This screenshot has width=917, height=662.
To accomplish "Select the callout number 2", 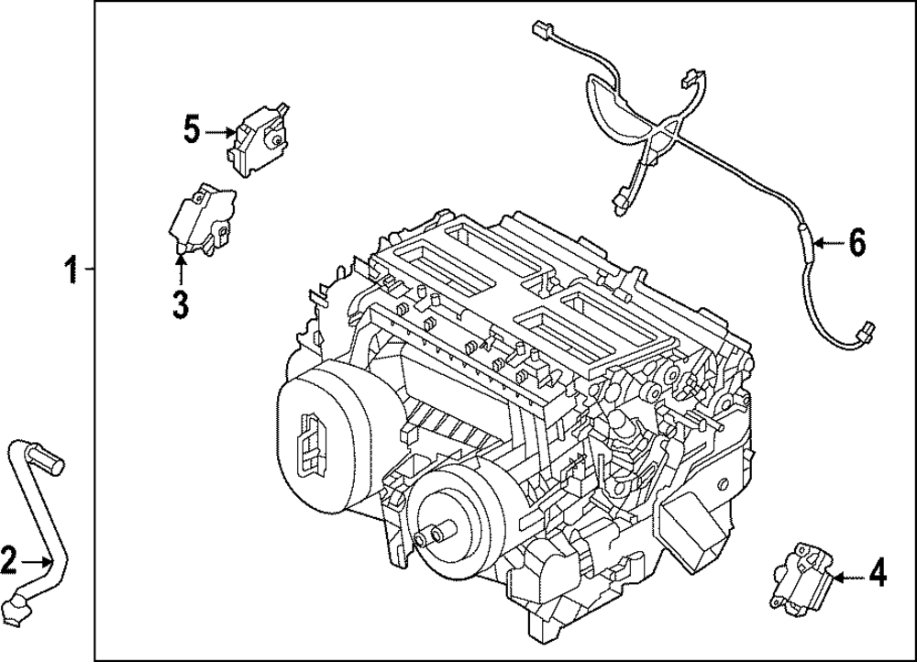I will (x=8, y=558).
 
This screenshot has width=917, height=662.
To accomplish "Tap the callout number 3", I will (x=180, y=303).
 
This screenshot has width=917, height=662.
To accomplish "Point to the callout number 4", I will (x=877, y=576).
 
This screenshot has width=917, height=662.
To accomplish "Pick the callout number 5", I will (x=191, y=130).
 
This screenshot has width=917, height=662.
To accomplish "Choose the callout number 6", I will (x=856, y=243).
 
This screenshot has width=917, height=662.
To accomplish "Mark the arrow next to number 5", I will (x=220, y=132).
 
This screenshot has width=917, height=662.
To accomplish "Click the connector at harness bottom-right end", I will (x=863, y=331).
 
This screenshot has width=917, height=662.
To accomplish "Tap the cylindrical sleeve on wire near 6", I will (x=805, y=244).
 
